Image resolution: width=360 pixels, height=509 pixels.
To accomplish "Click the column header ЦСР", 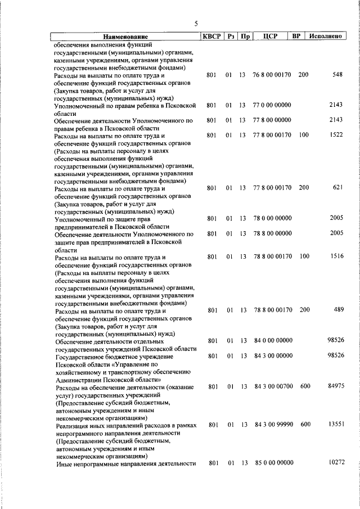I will click(268, 37).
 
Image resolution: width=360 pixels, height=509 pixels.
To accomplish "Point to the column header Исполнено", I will click(326, 37).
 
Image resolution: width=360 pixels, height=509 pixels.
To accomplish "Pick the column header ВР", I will click(296, 37).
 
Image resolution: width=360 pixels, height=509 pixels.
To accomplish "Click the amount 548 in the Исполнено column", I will click(337, 75).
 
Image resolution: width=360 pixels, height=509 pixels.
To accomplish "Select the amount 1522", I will click(336, 136).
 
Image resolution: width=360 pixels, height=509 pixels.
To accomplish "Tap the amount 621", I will click(337, 187).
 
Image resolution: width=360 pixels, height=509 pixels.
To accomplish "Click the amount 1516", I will click(336, 257).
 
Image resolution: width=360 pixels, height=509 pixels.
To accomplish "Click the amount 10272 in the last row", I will click(335, 462).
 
